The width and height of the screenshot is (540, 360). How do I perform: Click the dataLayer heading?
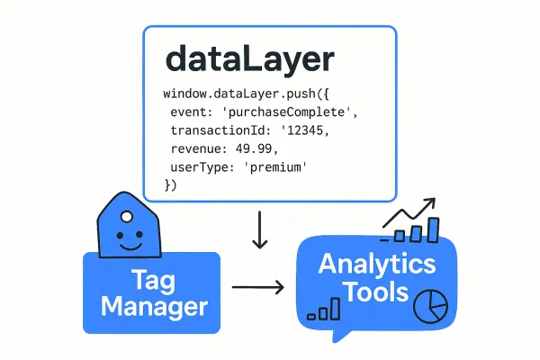(248, 60)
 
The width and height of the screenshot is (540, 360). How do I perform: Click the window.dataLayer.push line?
(245, 94)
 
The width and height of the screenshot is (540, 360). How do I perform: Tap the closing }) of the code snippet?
(173, 186)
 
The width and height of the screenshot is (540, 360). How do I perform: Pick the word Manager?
(154, 307)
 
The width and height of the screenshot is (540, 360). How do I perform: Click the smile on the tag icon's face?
(131, 243)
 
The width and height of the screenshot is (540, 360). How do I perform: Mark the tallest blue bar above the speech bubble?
(433, 229)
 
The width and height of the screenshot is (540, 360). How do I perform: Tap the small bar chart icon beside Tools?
(324, 310)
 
